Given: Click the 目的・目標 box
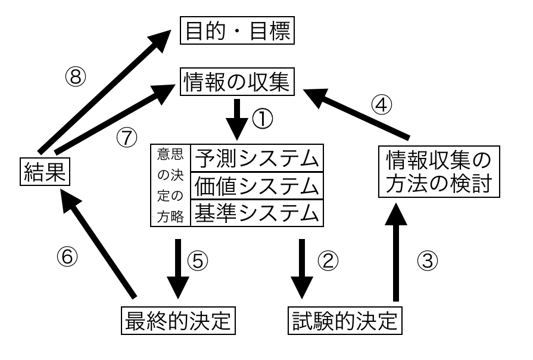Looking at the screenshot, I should [237, 31].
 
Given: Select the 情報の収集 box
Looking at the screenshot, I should [237, 82].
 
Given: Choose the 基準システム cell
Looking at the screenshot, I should [256, 213].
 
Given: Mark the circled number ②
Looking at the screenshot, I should [328, 260].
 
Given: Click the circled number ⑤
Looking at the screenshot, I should [198, 260].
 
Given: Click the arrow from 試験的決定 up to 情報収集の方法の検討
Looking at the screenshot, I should [394, 256].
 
